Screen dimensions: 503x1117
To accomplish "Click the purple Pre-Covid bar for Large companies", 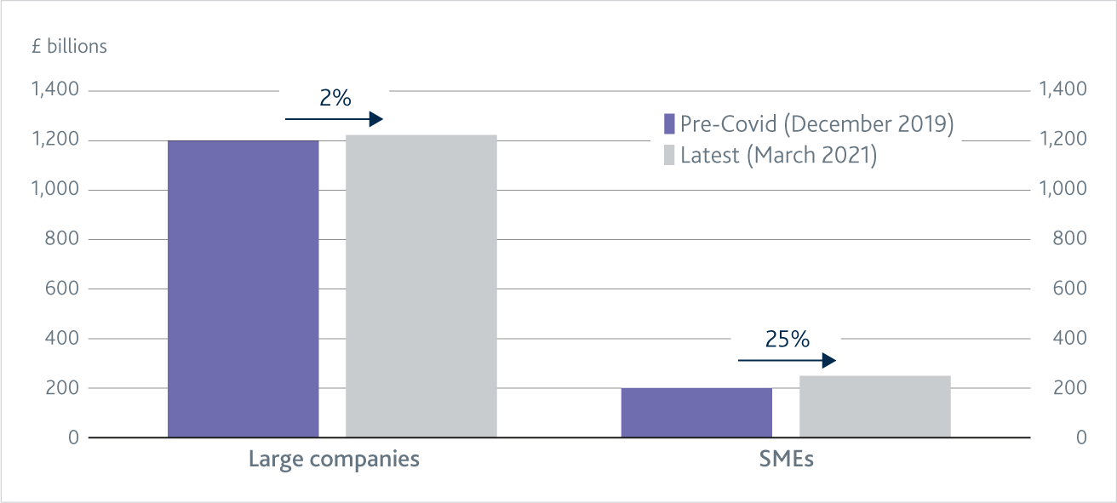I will coord(243,289).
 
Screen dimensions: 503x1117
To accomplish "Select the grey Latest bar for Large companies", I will coord(421,286).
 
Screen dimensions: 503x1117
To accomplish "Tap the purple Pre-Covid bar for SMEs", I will coord(696,413).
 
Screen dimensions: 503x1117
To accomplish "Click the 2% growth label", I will coord(335,99).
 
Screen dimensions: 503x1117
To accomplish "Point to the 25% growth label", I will coord(787,340).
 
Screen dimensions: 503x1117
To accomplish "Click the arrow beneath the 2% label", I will coord(334,119).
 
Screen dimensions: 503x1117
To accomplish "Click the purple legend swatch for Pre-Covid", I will coord(669,123).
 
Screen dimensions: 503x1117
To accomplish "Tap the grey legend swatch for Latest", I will coord(669,156).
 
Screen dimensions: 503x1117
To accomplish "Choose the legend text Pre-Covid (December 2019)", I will coord(816,123).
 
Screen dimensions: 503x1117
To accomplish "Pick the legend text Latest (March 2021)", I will coord(778,157).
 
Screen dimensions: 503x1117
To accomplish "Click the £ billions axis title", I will coord(70,46).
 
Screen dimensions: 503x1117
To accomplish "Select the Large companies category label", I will coord(334,460).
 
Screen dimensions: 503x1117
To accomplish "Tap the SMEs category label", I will coord(786,460).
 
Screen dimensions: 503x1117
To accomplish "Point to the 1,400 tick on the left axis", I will coord(54,89).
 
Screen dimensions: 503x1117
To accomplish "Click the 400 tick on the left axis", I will coord(61,338).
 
